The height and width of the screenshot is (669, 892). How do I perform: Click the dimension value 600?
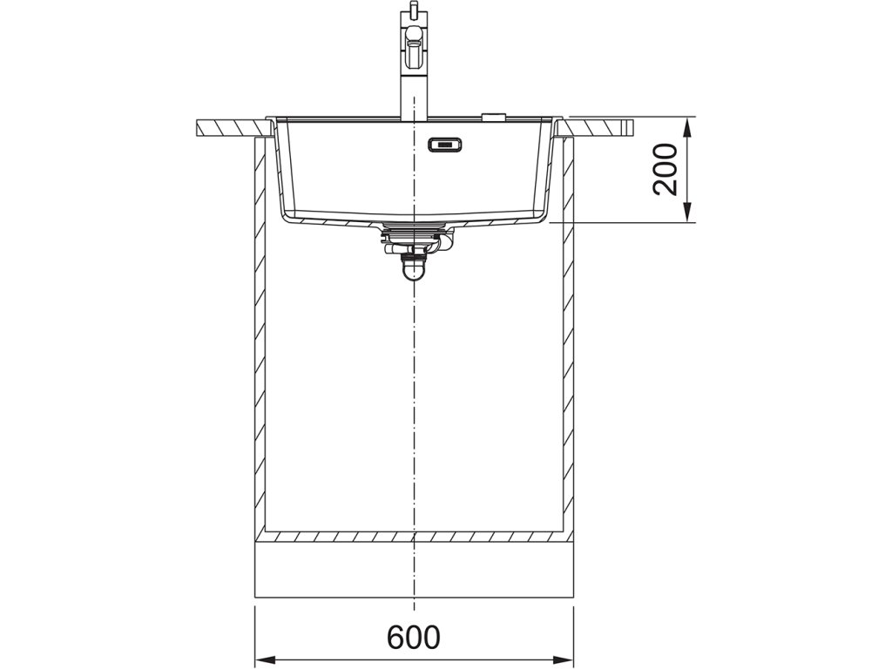point(414,638)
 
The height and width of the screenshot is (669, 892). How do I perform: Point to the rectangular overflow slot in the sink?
point(445,145)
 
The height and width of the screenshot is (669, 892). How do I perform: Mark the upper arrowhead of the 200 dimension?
point(689,127)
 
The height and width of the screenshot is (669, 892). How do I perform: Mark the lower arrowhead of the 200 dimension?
point(689,213)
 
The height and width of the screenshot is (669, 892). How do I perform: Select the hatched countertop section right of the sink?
point(601,127)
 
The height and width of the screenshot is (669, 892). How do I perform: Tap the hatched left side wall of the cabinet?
point(259,348)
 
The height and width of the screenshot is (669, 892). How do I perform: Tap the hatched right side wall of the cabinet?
point(568,348)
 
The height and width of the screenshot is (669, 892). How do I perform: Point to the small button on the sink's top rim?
point(494,114)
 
